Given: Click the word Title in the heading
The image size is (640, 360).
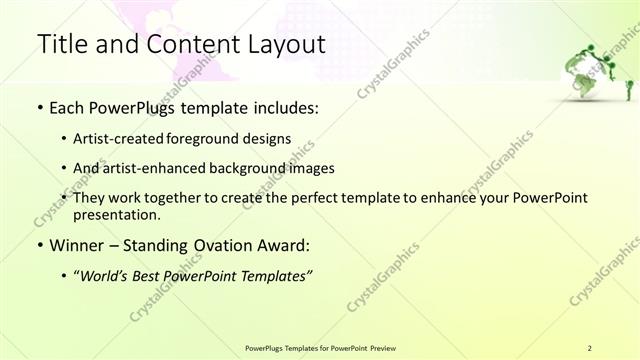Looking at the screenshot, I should click(x=62, y=45).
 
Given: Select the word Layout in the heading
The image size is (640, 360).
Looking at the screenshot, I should click(x=284, y=45).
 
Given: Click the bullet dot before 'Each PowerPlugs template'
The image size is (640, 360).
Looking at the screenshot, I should click(x=39, y=108).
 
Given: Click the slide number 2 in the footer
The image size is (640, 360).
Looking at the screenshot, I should click(x=590, y=347).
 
